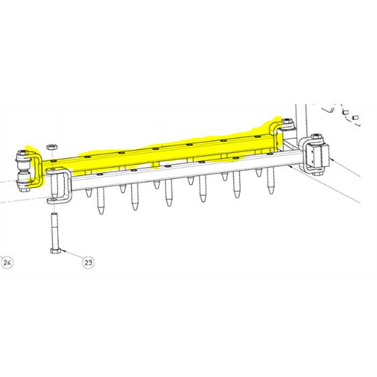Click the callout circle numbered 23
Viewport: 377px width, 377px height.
pos(88,262)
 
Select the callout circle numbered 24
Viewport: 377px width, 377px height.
pos(7,262)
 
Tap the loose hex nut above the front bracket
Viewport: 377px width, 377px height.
pos(52,146)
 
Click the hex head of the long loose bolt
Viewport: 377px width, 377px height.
pos(55,250)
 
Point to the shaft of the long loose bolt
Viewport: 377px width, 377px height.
pos(54,231)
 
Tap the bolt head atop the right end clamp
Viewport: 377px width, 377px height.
pos(318,137)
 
